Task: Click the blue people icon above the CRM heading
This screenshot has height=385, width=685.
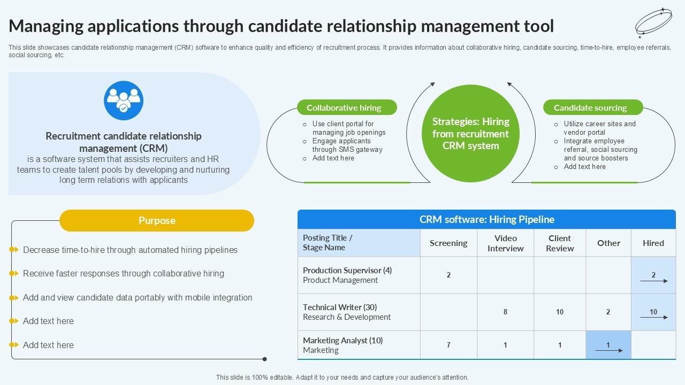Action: tap(124, 101)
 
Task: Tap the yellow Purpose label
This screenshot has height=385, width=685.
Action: tap(157, 220)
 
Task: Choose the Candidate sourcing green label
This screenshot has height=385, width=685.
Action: tap(593, 107)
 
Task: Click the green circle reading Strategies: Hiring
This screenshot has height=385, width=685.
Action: tap(471, 134)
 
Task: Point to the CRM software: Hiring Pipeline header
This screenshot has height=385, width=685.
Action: tap(486, 219)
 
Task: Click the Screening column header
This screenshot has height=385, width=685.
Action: tap(448, 243)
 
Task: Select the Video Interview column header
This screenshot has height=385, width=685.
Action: tap(505, 243)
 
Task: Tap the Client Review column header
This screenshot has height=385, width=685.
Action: tap(560, 243)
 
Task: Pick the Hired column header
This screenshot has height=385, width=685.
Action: tap(653, 243)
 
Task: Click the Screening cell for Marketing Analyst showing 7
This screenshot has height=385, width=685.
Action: tap(448, 345)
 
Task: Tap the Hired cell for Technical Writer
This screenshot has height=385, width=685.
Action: tap(653, 312)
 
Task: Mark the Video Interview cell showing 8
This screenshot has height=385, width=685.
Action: tap(505, 312)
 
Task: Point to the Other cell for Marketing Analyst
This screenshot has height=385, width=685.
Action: tap(608, 345)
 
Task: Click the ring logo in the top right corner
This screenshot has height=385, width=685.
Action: tap(653, 23)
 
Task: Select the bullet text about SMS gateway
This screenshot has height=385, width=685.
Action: tap(347, 145)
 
